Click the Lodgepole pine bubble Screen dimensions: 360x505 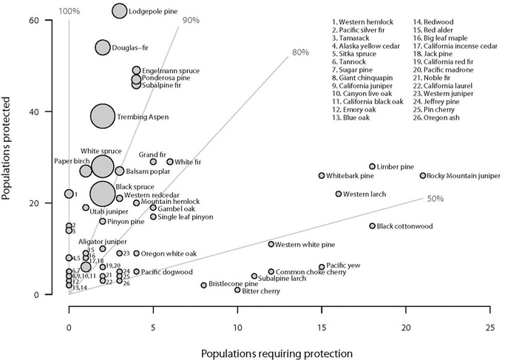pyautogui.click(x=120, y=11)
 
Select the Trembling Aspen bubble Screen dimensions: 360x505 pyautogui.click(x=103, y=116)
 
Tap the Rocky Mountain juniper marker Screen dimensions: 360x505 pyautogui.click(x=423, y=176)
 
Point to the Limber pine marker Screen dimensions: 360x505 pyautogui.click(x=372, y=167)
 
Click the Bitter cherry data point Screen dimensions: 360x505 pyautogui.click(x=237, y=290)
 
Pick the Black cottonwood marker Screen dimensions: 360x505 pyautogui.click(x=372, y=226)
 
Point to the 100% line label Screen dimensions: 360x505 pyautogui.click(x=69, y=11)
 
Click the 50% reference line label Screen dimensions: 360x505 pyautogui.click(x=435, y=198)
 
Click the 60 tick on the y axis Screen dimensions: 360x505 pyautogui.click(x=34, y=20)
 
